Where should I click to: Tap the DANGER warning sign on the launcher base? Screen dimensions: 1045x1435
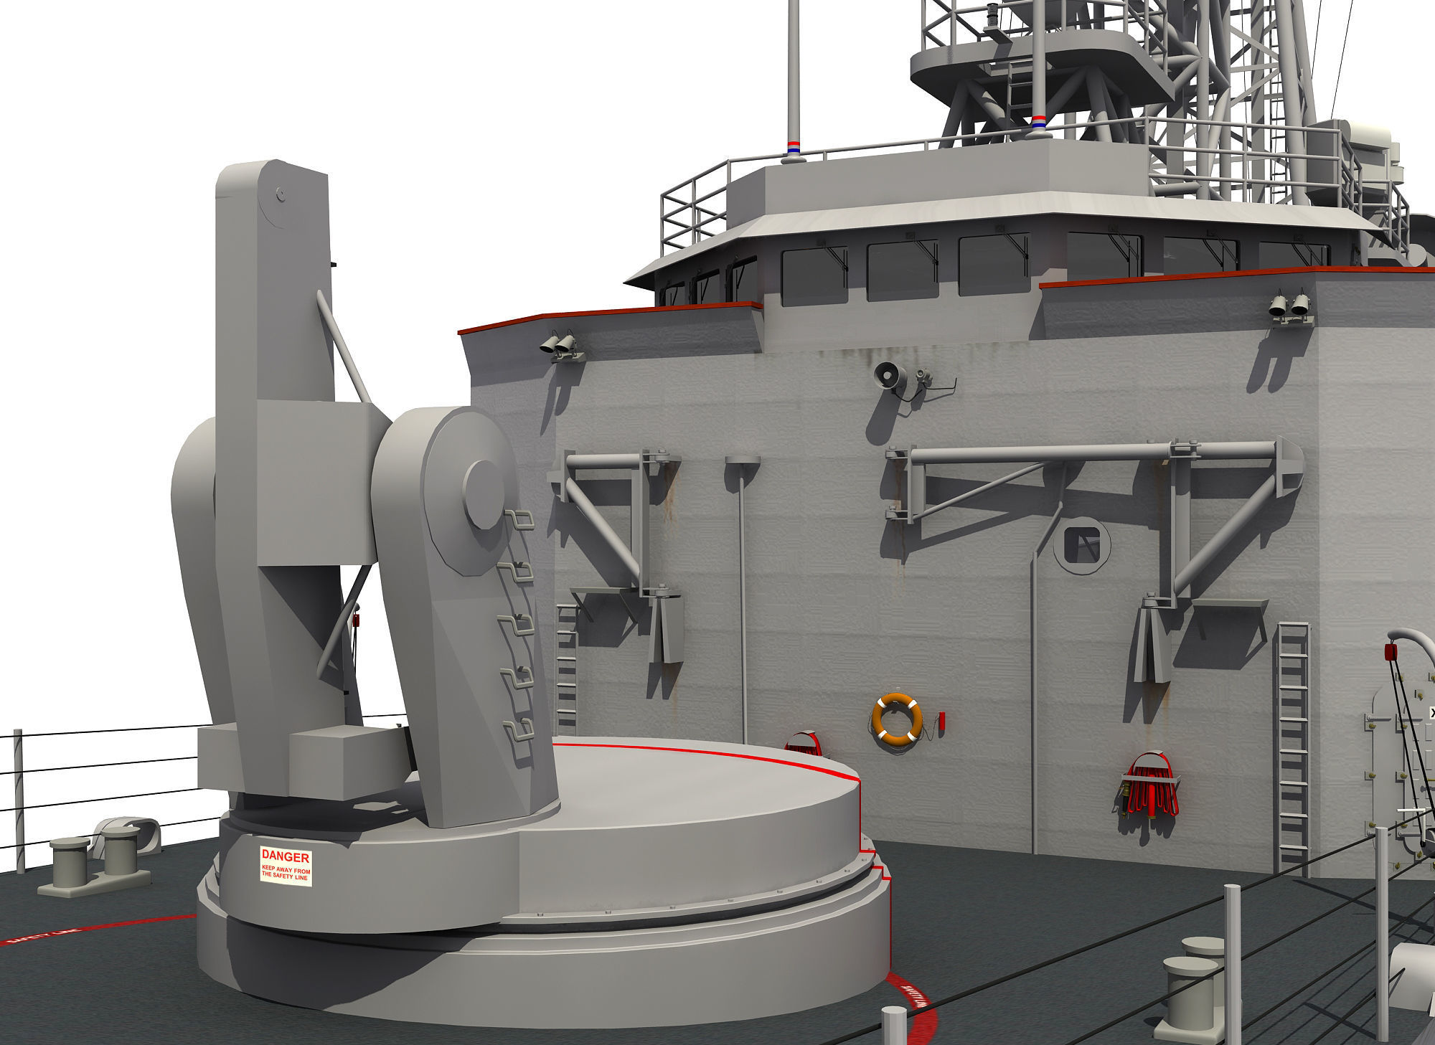point(286,866)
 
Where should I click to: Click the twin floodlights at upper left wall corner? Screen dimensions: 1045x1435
point(560,346)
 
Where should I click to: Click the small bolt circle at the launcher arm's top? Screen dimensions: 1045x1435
point(281,194)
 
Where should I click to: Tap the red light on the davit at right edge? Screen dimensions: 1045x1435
point(1390,652)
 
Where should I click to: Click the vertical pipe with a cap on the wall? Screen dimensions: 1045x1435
point(740,574)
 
